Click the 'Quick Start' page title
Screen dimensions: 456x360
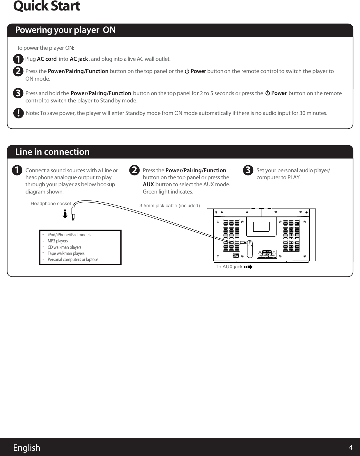(47, 6)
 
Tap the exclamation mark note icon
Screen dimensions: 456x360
(18, 113)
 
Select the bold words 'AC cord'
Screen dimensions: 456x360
(47, 59)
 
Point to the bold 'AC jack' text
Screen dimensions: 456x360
(79, 59)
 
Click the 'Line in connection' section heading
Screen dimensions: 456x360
(52, 152)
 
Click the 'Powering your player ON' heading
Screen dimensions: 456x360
(65, 30)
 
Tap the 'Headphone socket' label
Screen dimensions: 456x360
(51, 204)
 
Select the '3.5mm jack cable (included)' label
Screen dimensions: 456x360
(170, 206)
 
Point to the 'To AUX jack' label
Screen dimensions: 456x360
(229, 267)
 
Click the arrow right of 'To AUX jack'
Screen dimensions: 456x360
(248, 267)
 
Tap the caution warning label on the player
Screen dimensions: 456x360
(267, 254)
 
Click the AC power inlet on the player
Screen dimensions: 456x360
(236, 256)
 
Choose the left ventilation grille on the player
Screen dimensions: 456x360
(231, 235)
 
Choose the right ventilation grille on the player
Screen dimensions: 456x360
(291, 235)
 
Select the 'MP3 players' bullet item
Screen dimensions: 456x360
(58, 241)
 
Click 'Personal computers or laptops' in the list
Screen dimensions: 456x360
(73, 260)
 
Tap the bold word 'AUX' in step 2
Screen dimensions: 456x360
(148, 184)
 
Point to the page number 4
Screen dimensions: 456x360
(351, 448)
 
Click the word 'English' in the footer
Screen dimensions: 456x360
(26, 448)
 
